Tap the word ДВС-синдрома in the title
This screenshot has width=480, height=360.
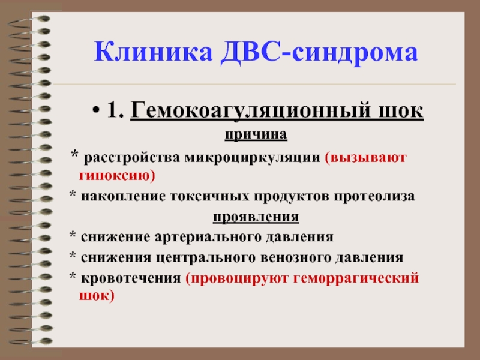319,53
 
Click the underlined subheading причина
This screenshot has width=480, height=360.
256,134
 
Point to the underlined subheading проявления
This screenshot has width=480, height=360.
256,217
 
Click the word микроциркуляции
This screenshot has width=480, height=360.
253,158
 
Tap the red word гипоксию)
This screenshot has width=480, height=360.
117,176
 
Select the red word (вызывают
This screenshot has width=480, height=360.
366,158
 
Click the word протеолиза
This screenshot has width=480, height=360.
374,197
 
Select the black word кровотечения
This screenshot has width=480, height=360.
131,278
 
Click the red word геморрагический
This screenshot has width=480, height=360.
356,278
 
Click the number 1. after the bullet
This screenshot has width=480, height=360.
115,110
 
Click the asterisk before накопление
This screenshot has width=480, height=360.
73,194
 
